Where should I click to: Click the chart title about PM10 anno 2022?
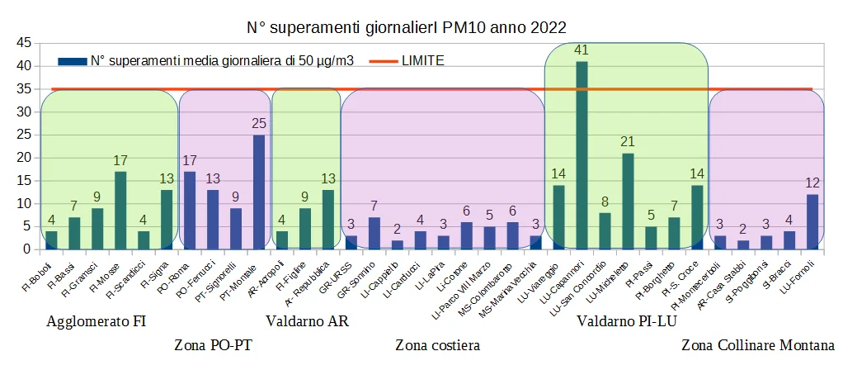pos(407,27)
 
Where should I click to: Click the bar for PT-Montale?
pos(259,192)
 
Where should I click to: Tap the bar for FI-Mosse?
pos(120,210)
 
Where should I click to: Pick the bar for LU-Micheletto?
pos(628,201)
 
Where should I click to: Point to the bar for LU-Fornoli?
pos(812,221)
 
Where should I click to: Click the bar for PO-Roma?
pos(190,210)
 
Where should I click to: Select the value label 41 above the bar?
pos(582,50)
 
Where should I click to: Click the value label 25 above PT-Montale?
pos(259,124)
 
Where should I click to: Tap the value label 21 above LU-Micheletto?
pos(628,142)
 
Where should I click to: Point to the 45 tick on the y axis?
pos(23,43)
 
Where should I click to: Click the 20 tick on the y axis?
pos(23,158)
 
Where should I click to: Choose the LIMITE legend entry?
pos(422,60)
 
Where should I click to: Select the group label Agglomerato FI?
pos(97,321)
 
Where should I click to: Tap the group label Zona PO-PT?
pos(213,344)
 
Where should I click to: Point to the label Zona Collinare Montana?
pos(758,344)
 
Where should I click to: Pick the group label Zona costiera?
pos(437,344)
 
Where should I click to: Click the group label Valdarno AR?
pos(307,321)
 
